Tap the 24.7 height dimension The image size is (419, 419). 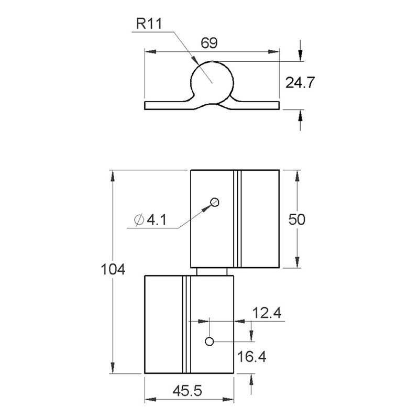point(299,82)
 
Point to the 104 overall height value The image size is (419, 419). point(113,270)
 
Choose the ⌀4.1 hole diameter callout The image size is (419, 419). point(150,220)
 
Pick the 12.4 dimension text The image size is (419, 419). point(267,313)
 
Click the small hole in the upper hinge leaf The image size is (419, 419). point(214,202)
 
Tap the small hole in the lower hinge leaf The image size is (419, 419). point(209,341)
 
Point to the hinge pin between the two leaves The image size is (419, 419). point(212,271)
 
